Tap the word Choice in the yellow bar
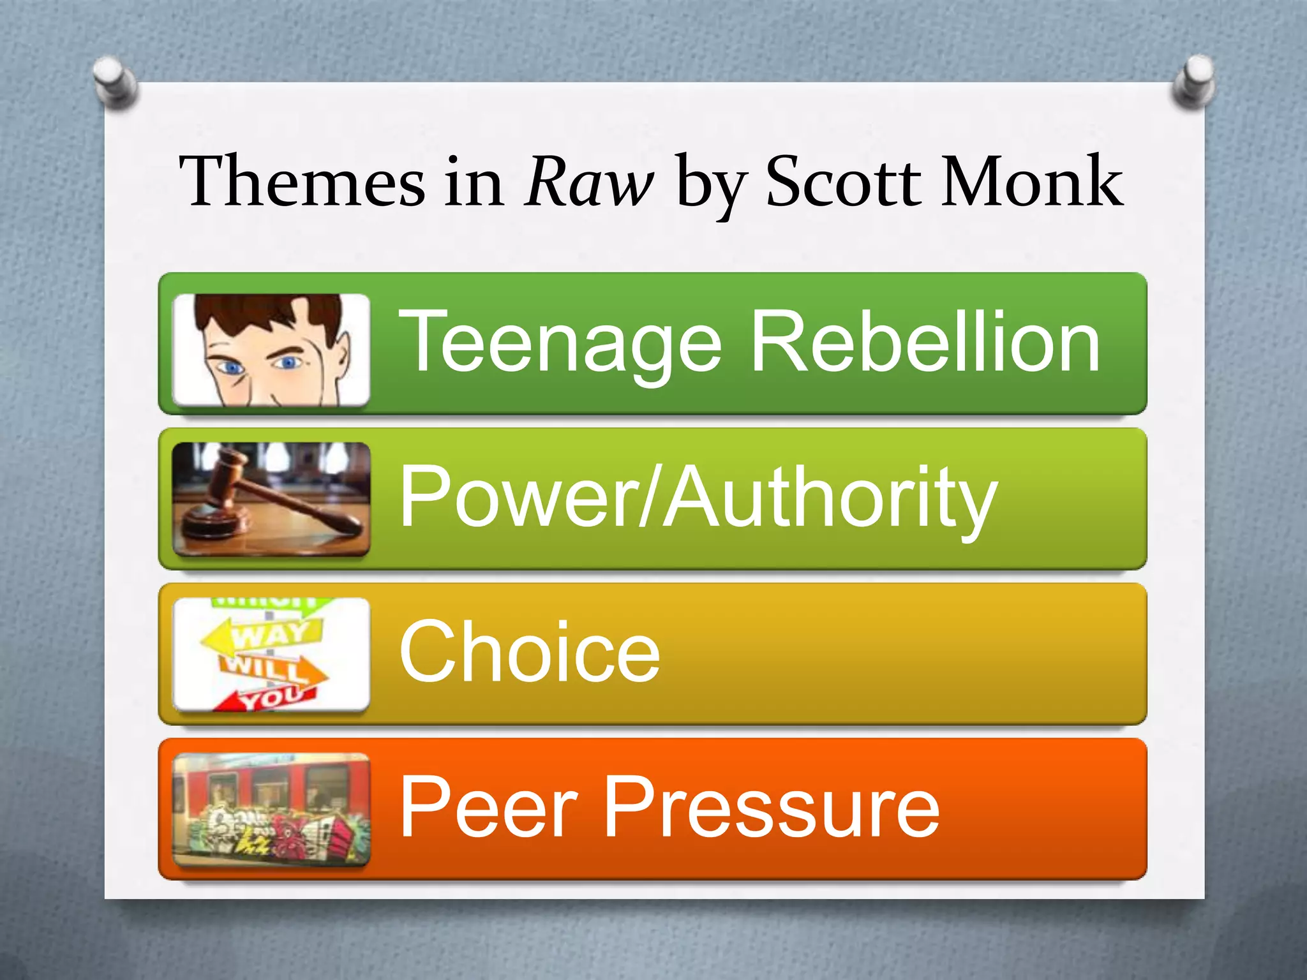coord(529,652)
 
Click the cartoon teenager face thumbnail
coord(271,350)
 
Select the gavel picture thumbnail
coord(271,499)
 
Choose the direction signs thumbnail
coord(271,655)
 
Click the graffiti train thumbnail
coord(271,809)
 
